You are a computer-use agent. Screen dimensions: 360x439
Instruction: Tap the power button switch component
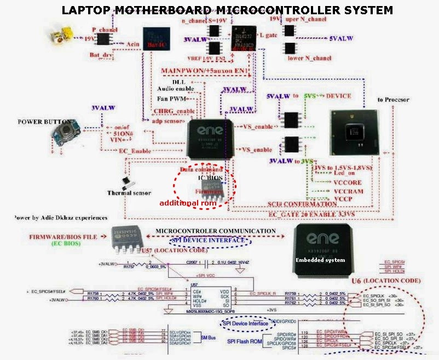coord(65,132)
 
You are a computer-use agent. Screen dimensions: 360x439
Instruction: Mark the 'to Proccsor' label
coord(393,100)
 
